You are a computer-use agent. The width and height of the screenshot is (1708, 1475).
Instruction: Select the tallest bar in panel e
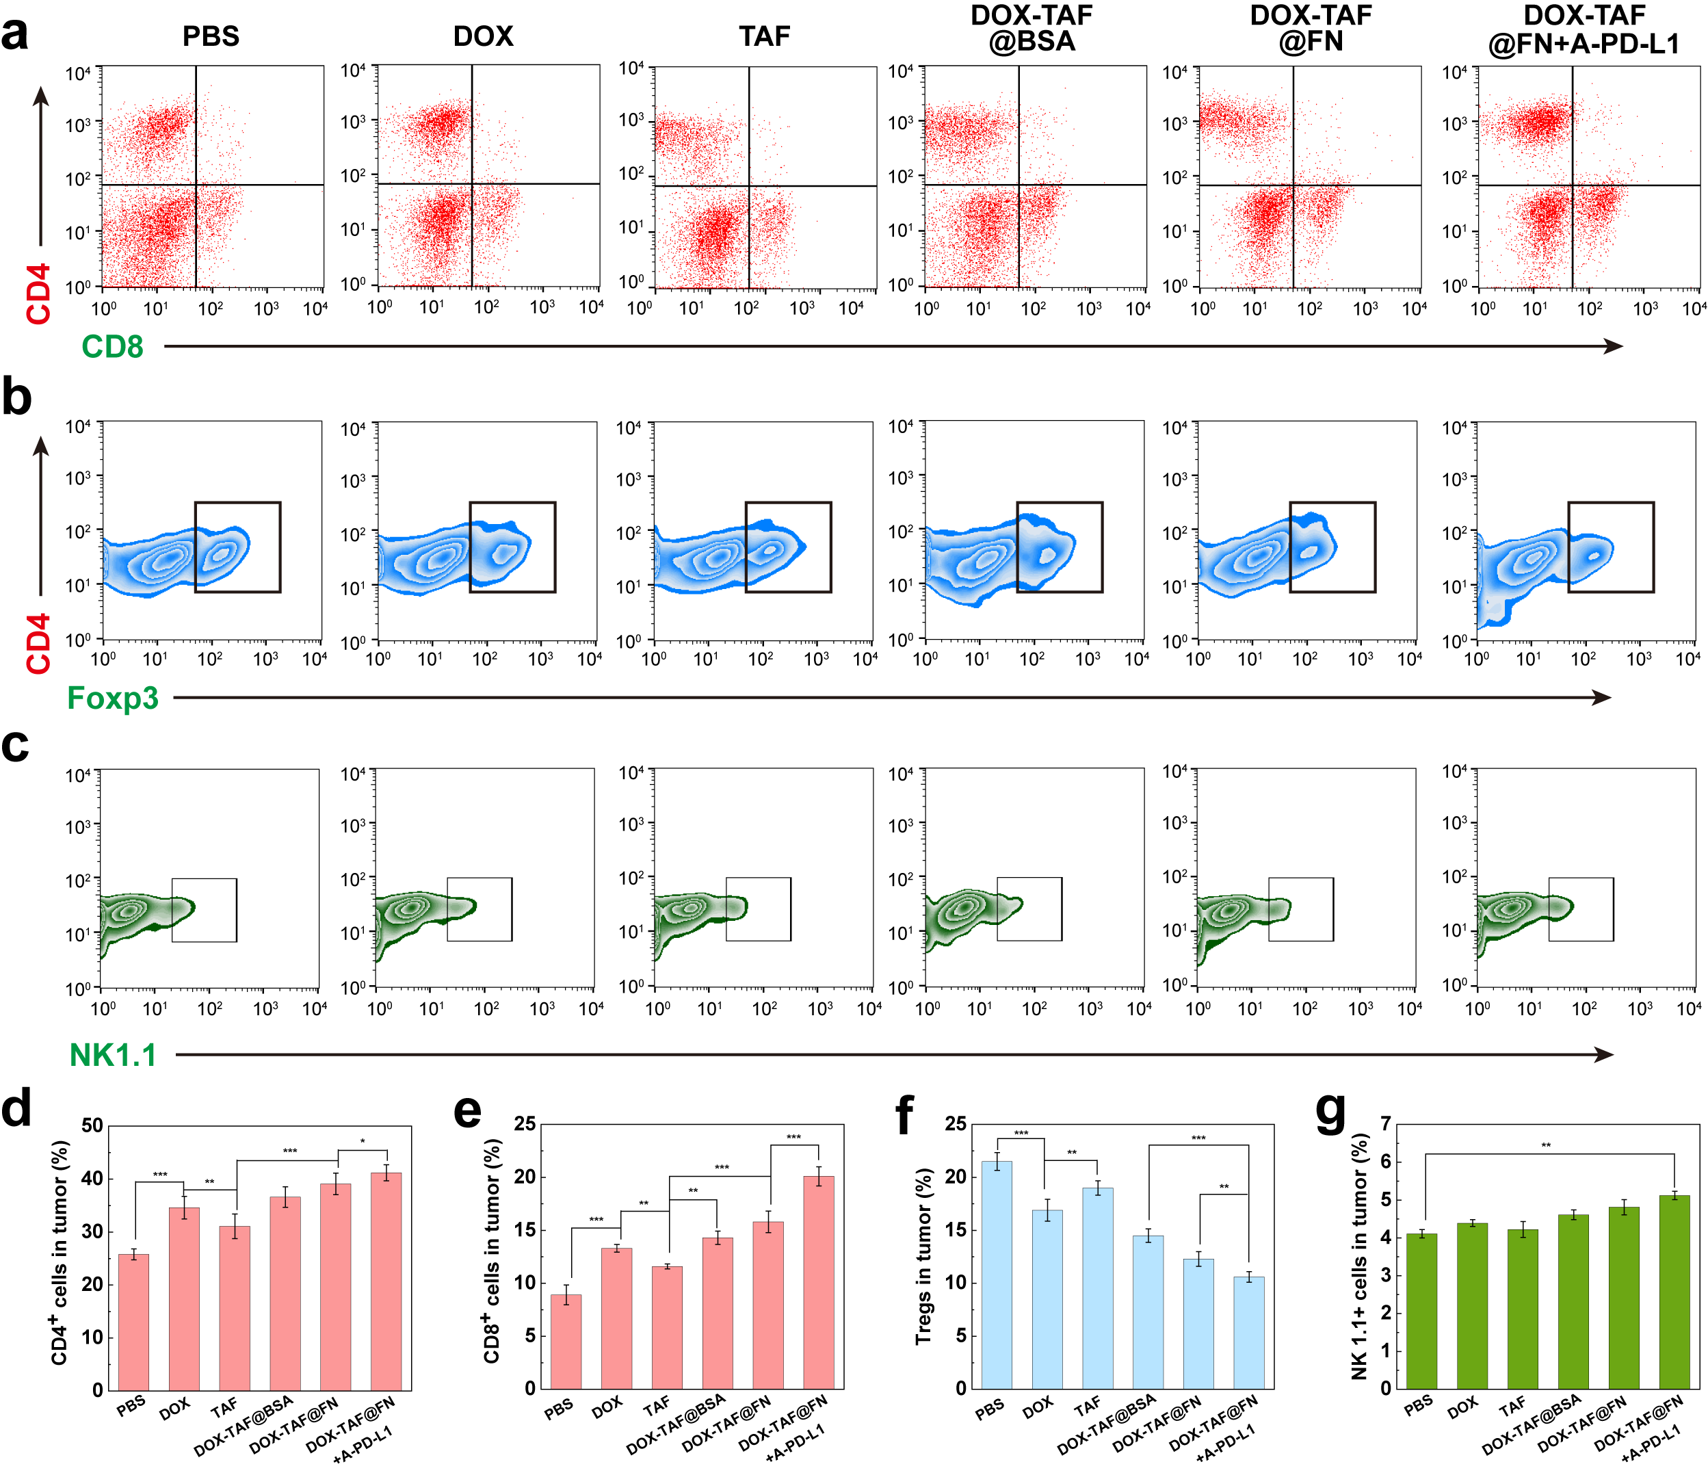coord(819,1282)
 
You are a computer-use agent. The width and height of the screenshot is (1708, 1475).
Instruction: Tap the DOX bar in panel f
coord(1047,1298)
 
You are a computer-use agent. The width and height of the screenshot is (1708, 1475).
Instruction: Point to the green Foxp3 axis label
coord(112,699)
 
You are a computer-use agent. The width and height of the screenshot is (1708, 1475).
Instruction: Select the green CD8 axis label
coord(112,347)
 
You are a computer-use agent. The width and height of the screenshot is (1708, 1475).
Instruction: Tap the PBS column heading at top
coord(211,36)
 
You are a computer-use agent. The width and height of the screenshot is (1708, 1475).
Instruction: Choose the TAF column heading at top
coord(764,36)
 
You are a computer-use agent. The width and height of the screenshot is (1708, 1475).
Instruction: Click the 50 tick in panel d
coord(92,1126)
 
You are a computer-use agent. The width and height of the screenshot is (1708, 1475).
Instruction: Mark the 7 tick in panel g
coord(1386,1124)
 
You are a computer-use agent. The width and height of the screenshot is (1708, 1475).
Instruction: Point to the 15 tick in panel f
coord(956,1230)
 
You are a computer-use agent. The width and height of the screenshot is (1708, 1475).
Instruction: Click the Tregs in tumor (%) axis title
coord(923,1257)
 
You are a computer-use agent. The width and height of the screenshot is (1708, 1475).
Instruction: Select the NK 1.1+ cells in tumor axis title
coord(1359,1257)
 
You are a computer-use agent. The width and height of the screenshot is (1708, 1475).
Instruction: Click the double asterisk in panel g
coord(1547,1146)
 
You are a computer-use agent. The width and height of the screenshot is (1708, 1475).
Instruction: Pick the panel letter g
coord(1330,1113)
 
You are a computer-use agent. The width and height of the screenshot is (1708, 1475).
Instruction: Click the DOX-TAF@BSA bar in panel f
coord(1148,1311)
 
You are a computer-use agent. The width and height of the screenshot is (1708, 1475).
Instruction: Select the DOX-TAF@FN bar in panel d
coord(335,1287)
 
